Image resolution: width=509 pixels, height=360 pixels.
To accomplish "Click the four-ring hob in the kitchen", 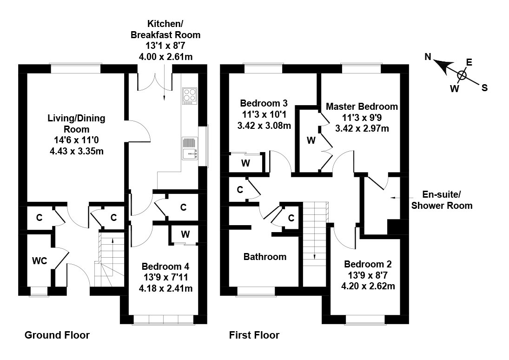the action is click(x=190, y=95).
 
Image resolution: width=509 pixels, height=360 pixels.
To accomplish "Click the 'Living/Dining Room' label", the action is click(x=76, y=124).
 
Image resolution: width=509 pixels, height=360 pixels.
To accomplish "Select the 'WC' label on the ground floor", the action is click(x=40, y=261).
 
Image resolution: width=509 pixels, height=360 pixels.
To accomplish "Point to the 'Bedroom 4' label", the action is click(x=165, y=267).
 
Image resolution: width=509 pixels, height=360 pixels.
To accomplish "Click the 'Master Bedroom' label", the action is click(x=362, y=107).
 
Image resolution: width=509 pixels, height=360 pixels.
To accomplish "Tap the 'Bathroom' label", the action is click(x=265, y=256).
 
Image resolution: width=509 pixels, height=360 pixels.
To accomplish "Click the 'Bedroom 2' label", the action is click(x=368, y=264).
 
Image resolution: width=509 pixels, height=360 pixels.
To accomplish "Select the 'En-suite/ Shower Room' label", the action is click(x=442, y=200).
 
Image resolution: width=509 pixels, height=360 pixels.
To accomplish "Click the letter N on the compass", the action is click(x=429, y=57).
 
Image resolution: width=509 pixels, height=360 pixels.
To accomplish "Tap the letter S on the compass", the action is click(x=484, y=87).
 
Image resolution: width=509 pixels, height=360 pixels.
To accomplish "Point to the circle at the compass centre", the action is click(x=462, y=75).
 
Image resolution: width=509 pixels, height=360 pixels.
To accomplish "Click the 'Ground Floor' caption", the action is click(x=57, y=335).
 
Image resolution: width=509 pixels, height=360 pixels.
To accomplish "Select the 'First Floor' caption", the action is click(x=254, y=335).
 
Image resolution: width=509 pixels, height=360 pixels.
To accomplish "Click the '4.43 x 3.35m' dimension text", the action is click(x=76, y=151).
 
